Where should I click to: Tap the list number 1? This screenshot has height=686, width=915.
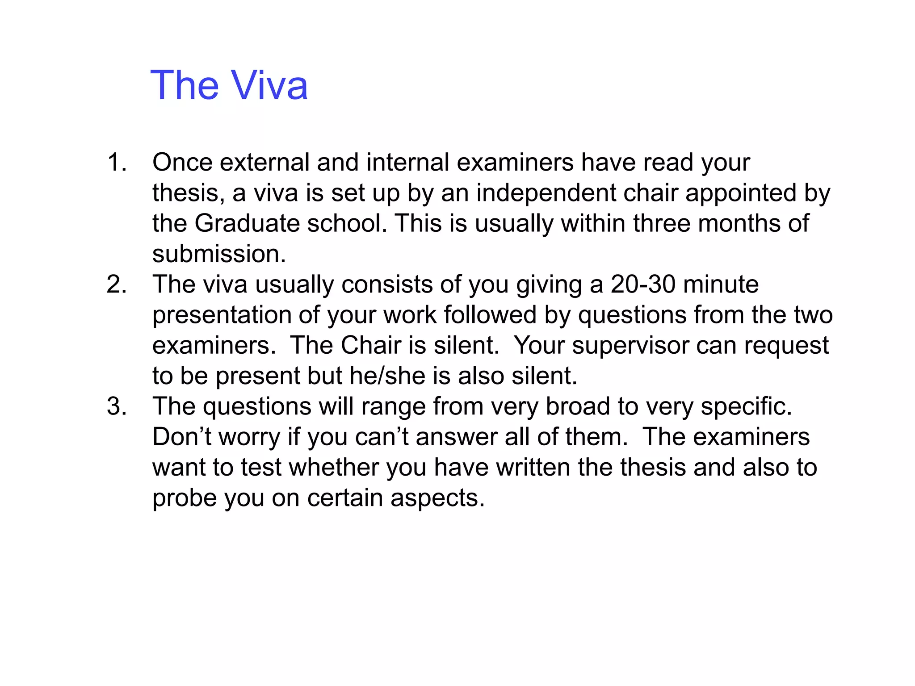[x=117, y=162]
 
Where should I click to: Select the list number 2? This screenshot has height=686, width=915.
[x=117, y=284]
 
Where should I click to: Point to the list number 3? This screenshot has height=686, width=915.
[x=117, y=406]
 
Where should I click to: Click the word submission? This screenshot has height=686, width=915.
[x=219, y=254]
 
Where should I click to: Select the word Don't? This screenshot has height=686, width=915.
[x=182, y=437]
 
